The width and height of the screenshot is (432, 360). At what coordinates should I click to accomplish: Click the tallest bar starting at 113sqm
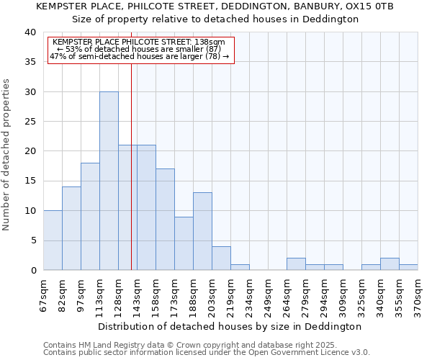109,181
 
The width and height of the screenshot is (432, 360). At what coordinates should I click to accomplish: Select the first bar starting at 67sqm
53,240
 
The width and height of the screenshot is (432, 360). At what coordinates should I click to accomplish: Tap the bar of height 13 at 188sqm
202,231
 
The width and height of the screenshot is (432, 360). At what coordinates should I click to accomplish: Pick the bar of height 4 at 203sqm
221,258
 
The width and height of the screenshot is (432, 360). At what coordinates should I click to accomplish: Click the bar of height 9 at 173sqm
184,243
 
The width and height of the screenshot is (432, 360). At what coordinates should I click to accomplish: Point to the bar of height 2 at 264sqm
296,264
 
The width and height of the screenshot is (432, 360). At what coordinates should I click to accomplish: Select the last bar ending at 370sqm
408,267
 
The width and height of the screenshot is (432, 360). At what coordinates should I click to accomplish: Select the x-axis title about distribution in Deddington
230,326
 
